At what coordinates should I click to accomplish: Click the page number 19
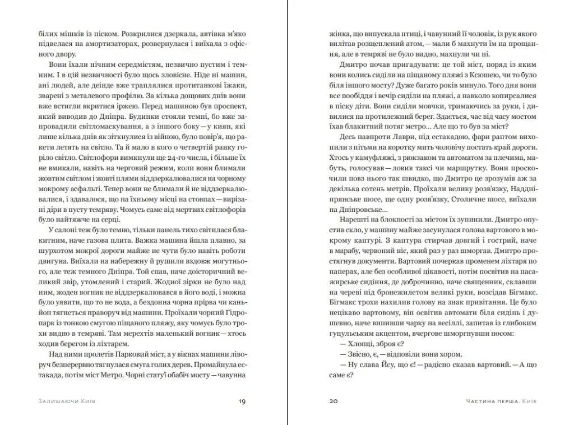click(242, 401)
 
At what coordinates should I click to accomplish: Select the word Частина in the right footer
click(483, 401)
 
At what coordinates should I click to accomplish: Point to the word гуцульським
click(351, 332)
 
